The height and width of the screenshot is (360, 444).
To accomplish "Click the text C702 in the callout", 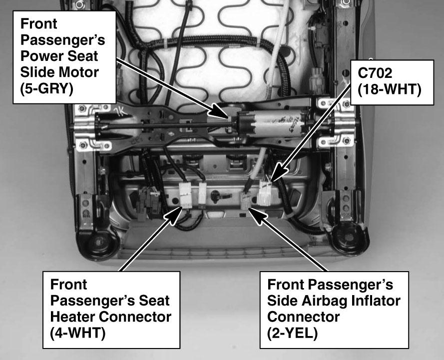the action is (x=375, y=73).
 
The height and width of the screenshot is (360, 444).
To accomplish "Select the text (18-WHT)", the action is (x=390, y=90).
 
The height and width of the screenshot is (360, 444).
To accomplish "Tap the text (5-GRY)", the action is (x=47, y=88).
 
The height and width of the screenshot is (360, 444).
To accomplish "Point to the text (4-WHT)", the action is (x=77, y=333).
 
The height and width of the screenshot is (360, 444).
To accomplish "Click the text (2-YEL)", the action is (x=292, y=333).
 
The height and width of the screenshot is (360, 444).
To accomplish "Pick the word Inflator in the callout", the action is (x=376, y=301).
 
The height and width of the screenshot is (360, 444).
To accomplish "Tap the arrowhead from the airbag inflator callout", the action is (x=256, y=216).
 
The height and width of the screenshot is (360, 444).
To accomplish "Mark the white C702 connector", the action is (x=266, y=193).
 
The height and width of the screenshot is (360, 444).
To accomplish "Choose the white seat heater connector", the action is (x=186, y=195).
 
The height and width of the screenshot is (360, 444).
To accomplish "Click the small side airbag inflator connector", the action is (x=245, y=200).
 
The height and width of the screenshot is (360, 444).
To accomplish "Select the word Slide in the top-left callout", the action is (x=33, y=72).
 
